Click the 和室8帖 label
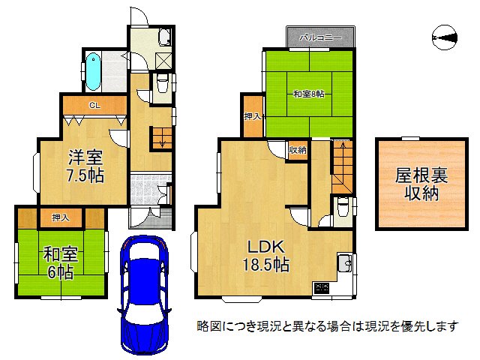(308, 94)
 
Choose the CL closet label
(94, 105)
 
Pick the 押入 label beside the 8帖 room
(252, 118)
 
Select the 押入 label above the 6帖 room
(61, 217)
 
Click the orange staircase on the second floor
(341, 165)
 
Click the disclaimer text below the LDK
(327, 327)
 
